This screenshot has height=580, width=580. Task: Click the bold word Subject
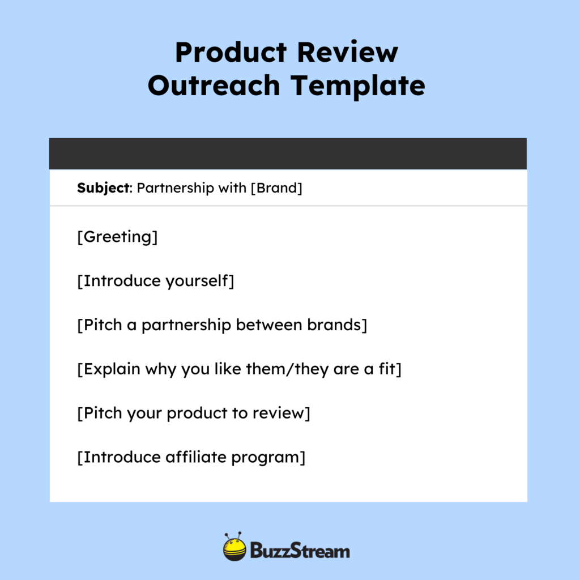[x=104, y=188]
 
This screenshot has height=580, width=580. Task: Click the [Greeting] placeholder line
[x=117, y=237]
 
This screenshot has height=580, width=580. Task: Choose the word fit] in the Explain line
[x=389, y=369]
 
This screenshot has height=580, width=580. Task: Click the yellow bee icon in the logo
[x=234, y=548]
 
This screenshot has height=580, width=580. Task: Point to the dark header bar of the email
[x=288, y=153]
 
